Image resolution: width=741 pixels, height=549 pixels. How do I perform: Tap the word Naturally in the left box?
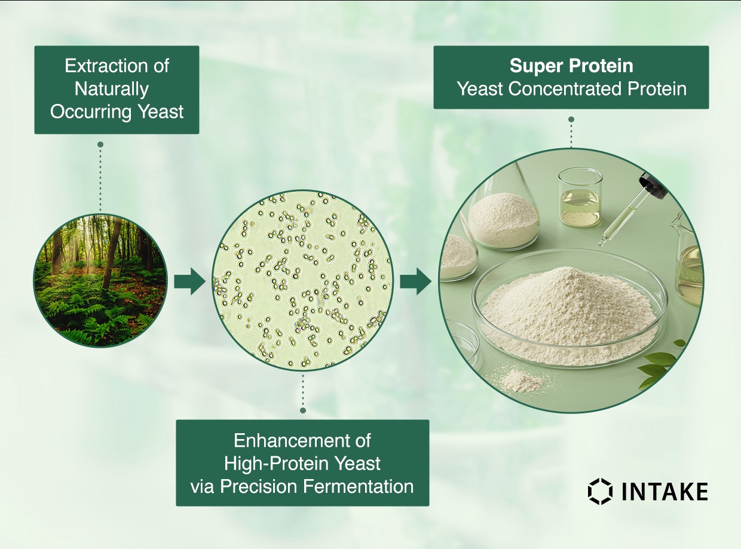112,89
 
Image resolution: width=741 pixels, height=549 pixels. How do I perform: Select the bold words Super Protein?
571,66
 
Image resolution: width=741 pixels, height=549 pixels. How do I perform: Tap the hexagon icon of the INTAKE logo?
600,491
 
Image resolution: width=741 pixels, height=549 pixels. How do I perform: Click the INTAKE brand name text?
665,492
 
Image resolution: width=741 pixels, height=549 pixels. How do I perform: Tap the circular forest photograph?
100,281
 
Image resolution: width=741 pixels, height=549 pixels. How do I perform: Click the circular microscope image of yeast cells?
302,281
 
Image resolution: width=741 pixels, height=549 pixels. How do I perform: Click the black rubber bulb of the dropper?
653,185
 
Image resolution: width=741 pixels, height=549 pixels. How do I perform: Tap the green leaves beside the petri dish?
663,361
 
